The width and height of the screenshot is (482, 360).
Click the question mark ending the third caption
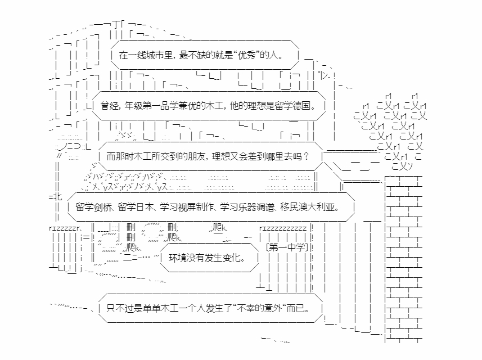306,156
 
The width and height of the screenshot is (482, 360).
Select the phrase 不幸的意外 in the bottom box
260,308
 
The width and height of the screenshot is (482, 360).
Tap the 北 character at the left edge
58,196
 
